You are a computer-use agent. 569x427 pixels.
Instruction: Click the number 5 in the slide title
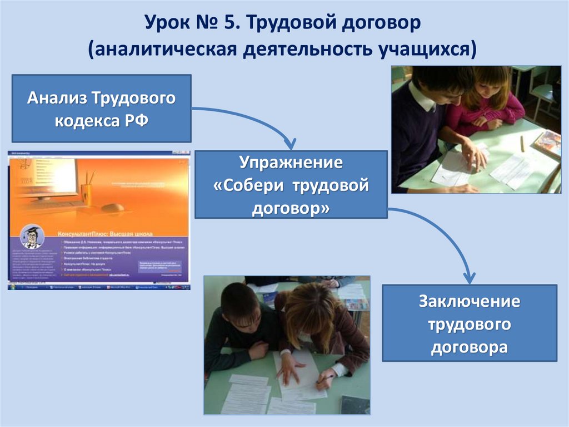[x=227, y=24]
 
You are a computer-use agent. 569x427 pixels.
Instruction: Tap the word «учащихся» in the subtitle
[x=427, y=50]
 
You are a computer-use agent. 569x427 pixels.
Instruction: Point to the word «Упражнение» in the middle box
[x=291, y=164]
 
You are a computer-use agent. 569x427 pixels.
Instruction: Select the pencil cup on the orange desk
[x=86, y=193]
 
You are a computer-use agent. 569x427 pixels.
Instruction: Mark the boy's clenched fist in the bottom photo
[x=259, y=350]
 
